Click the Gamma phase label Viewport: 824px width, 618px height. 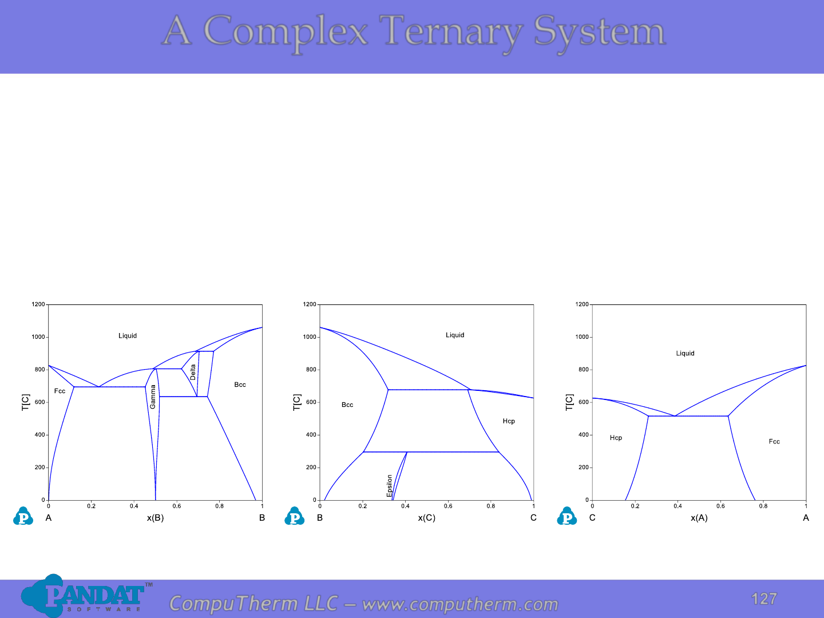[x=153, y=397]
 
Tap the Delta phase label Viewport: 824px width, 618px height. [x=193, y=372]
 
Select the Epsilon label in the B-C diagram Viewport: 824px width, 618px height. [x=389, y=486]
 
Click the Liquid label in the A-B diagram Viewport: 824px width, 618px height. [x=128, y=335]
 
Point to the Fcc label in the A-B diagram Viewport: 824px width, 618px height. [x=60, y=391]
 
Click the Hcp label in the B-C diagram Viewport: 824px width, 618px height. [x=509, y=421]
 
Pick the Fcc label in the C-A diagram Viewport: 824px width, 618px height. [x=774, y=441]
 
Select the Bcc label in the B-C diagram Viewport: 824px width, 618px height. [x=347, y=405]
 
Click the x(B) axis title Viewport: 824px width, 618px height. [x=156, y=518]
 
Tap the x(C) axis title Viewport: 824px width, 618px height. [x=427, y=518]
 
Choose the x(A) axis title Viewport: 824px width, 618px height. [x=699, y=518]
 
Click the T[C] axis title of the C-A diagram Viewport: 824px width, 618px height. [x=569, y=402]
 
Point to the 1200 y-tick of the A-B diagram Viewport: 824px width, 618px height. [x=38, y=304]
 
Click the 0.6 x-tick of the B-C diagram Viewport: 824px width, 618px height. [x=448, y=506]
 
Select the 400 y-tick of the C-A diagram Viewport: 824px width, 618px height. [x=583, y=435]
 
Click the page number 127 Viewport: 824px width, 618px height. [x=764, y=599]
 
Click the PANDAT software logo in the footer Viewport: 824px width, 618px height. [x=86, y=596]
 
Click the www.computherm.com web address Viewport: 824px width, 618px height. [x=460, y=604]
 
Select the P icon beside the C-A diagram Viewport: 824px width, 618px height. [x=567, y=516]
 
